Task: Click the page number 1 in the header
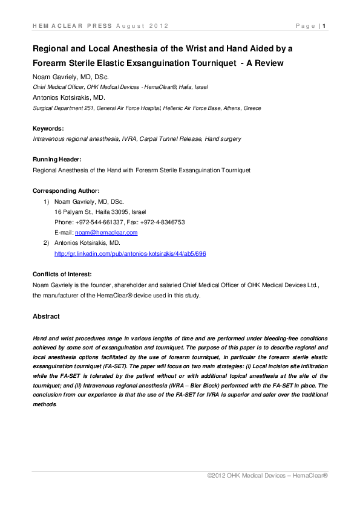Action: pos(325,26)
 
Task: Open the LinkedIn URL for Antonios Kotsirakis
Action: pos(130,254)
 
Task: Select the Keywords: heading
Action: pos(48,128)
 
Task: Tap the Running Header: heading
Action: pos(57,160)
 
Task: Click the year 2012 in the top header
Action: pos(159,26)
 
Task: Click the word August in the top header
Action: pos(134,26)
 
